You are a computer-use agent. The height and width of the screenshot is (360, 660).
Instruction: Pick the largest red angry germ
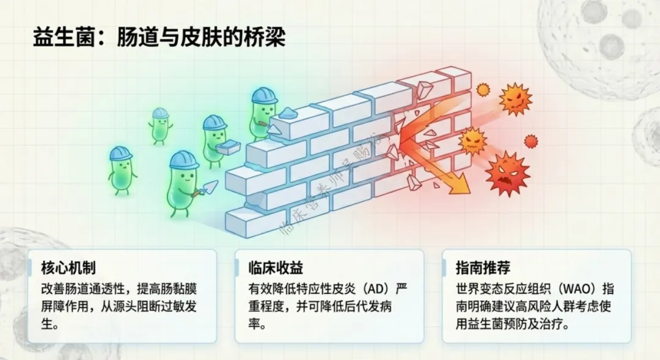pyautogui.click(x=507, y=173)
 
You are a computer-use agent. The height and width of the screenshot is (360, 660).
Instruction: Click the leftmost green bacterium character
pyautogui.click(x=121, y=169)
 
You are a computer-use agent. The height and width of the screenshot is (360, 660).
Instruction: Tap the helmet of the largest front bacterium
pyautogui.click(x=183, y=160)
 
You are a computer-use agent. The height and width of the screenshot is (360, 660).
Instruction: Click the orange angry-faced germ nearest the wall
pyautogui.click(x=472, y=141)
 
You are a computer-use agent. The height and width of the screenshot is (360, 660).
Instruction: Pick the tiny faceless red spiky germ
pyautogui.click(x=531, y=141)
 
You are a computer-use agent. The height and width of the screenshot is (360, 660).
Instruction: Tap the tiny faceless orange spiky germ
pyautogui.click(x=483, y=90)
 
